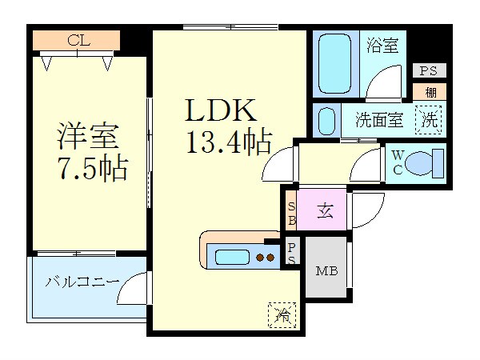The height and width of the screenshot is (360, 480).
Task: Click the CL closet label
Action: [x=78, y=40]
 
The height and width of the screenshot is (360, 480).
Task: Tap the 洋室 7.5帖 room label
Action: [x=92, y=151]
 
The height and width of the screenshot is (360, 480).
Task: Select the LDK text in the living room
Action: [x=221, y=110]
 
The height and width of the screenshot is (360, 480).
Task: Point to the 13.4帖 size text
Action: [x=229, y=142]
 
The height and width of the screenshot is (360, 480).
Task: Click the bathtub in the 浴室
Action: [x=335, y=63]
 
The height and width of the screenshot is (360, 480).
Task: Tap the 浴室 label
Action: [x=382, y=46]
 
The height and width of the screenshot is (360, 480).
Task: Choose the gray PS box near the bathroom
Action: [x=429, y=70]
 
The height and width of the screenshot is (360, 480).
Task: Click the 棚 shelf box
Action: [x=429, y=92]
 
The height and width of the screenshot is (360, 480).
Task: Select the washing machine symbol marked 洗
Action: [x=428, y=120]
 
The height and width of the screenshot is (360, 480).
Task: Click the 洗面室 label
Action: [x=379, y=120]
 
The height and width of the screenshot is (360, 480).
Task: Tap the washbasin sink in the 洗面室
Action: [x=326, y=121]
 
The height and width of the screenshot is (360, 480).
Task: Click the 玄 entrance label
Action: [x=325, y=210]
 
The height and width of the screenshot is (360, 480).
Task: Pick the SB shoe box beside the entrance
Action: [x=291, y=210]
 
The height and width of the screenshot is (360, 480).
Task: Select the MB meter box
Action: [x=326, y=270]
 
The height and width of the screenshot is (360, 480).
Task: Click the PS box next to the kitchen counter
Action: [x=291, y=253]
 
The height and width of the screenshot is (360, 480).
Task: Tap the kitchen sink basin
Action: [x=232, y=257]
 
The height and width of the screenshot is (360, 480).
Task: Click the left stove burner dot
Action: [x=260, y=258]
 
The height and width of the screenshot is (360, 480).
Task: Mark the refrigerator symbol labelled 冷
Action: [x=282, y=314]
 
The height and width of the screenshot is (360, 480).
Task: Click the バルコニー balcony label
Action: [x=82, y=282]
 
